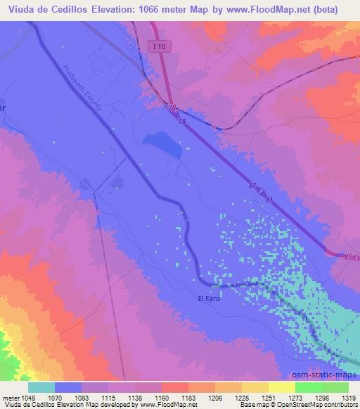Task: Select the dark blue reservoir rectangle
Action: [x=162, y=143]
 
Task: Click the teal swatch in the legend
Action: [x=41, y=387]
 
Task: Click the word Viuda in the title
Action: [x=21, y=10]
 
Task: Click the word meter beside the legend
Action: [x=10, y=397]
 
